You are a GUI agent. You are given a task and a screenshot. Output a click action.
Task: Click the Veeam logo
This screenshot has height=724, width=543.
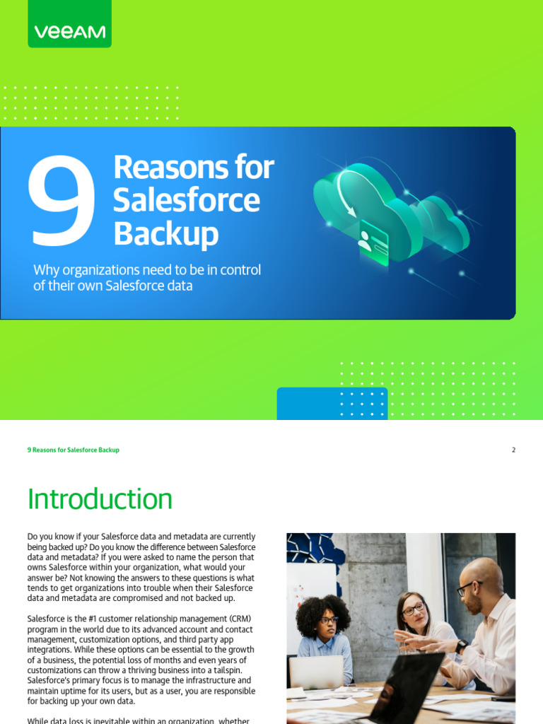(x=69, y=32)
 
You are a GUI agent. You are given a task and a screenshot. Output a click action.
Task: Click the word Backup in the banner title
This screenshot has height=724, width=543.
(x=165, y=234)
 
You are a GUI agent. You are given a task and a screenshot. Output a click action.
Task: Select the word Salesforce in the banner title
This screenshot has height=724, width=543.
(x=187, y=200)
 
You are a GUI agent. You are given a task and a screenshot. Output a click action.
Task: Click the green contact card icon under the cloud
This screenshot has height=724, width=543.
(x=373, y=243)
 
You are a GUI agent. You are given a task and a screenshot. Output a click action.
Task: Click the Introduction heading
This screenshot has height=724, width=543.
(x=100, y=499)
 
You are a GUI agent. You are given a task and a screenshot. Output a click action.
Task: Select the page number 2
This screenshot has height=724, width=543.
(x=513, y=450)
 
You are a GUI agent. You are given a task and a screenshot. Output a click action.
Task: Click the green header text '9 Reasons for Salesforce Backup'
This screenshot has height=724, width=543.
(x=73, y=450)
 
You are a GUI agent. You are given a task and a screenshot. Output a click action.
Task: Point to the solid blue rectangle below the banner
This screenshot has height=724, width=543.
(x=332, y=403)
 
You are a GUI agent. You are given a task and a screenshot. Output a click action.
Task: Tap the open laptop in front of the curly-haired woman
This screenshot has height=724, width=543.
(x=316, y=672)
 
